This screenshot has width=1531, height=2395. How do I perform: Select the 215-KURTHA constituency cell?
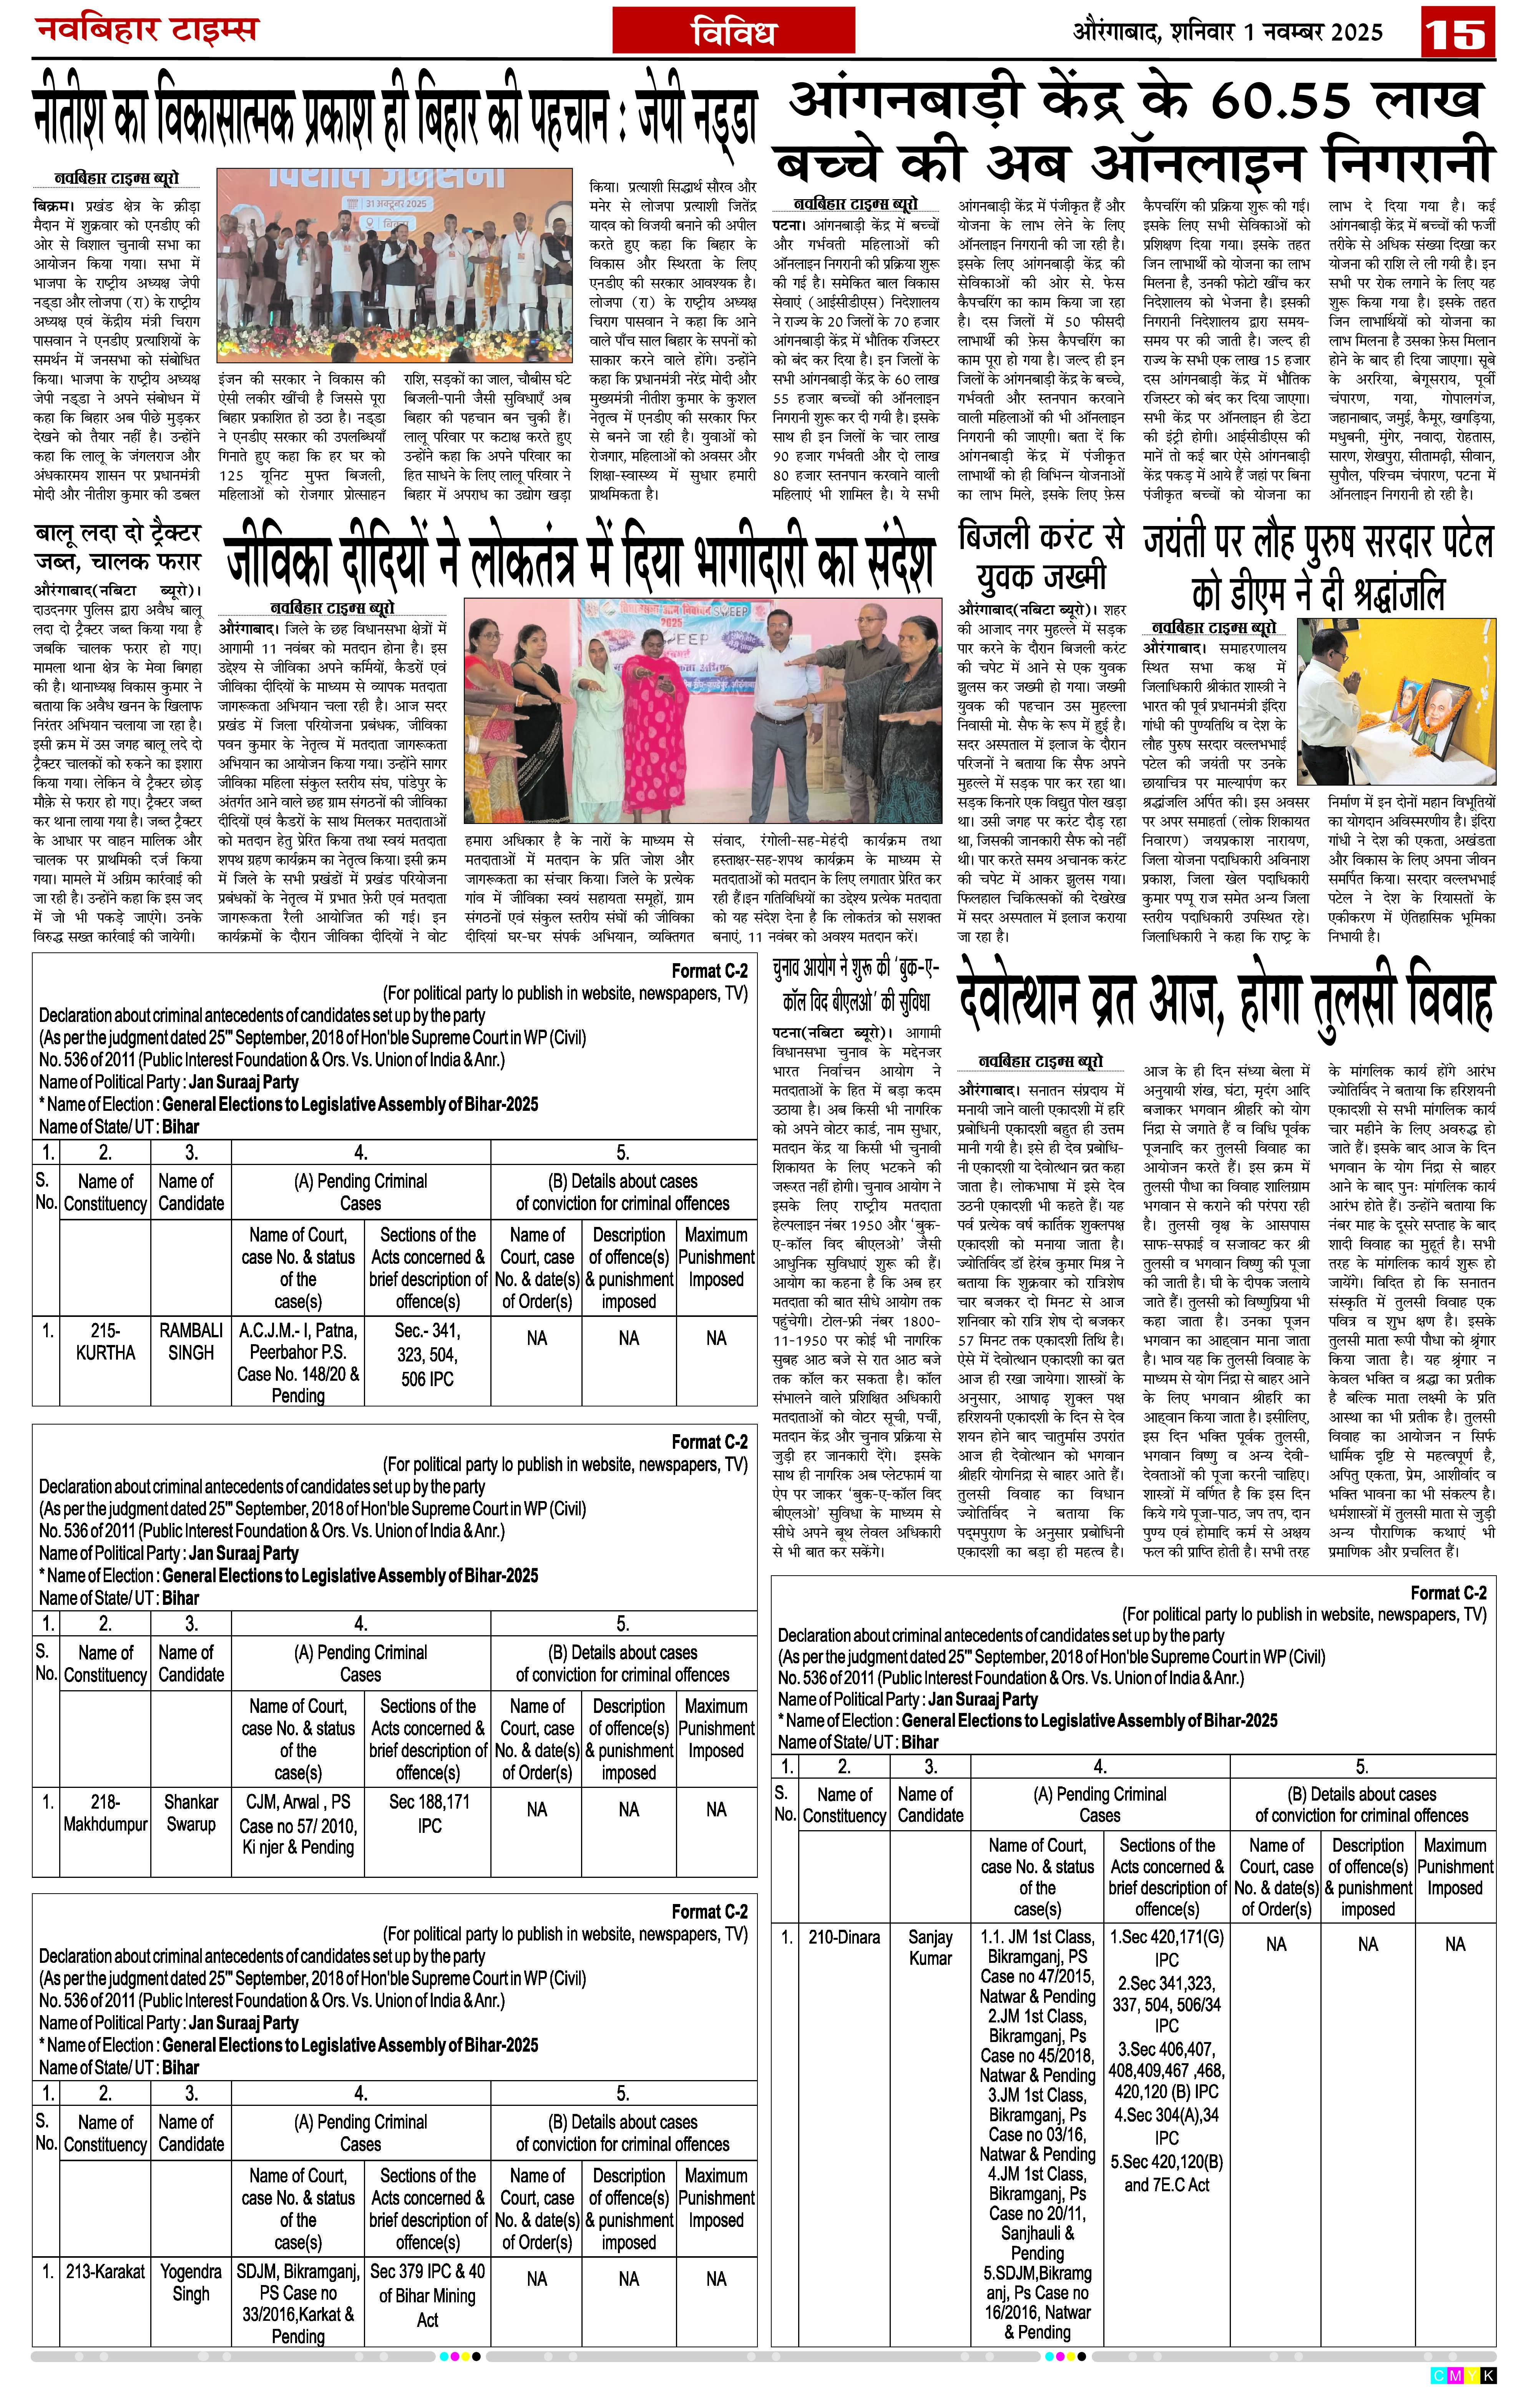click(x=105, y=1341)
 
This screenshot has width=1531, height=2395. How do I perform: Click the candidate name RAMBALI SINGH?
click(x=191, y=1341)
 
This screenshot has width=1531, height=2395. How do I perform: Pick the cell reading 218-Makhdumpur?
click(x=105, y=1812)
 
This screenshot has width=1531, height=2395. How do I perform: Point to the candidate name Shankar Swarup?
click(x=191, y=1812)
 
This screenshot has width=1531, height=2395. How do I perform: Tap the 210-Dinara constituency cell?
click(x=844, y=1937)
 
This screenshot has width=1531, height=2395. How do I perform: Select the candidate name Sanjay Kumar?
click(x=930, y=1947)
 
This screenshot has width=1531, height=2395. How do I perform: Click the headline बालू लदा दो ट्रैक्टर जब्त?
click(x=116, y=546)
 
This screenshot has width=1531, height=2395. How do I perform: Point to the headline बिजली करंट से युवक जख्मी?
click(x=1040, y=556)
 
